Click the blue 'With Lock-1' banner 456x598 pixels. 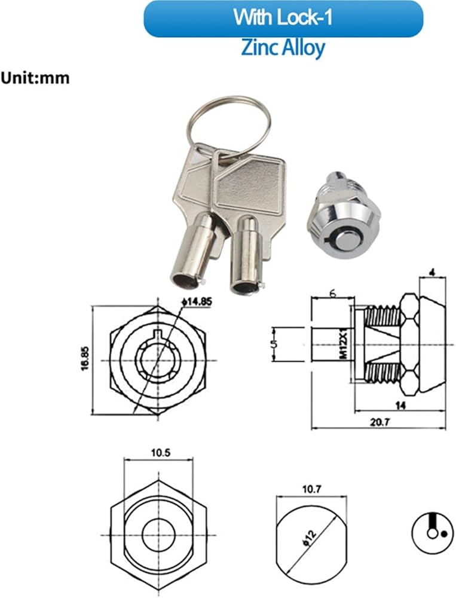tap(283, 19)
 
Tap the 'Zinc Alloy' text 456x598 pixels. tap(283, 48)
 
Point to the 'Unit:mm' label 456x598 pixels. tap(35, 78)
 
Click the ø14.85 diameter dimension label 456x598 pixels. tap(197, 301)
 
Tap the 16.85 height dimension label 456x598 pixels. tap(85, 358)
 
